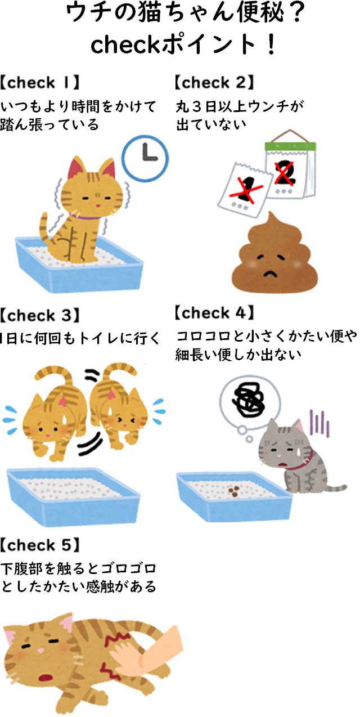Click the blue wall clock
pos(145,159)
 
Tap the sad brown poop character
pos(274,253)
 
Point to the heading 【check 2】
pos(214,82)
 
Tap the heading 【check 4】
pos(214,313)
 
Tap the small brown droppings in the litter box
pos(233,491)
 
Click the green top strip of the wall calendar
pos(290,146)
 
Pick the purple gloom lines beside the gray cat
pos(319,423)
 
